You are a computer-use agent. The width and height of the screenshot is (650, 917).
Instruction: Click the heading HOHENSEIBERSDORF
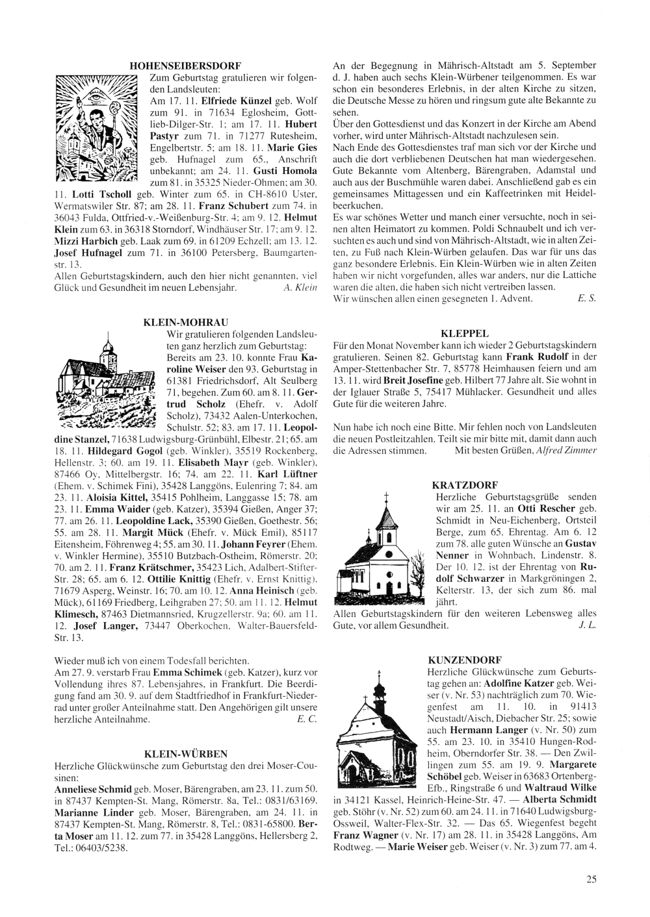tap(185, 66)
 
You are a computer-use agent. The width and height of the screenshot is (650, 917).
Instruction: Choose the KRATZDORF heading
tap(465, 484)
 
